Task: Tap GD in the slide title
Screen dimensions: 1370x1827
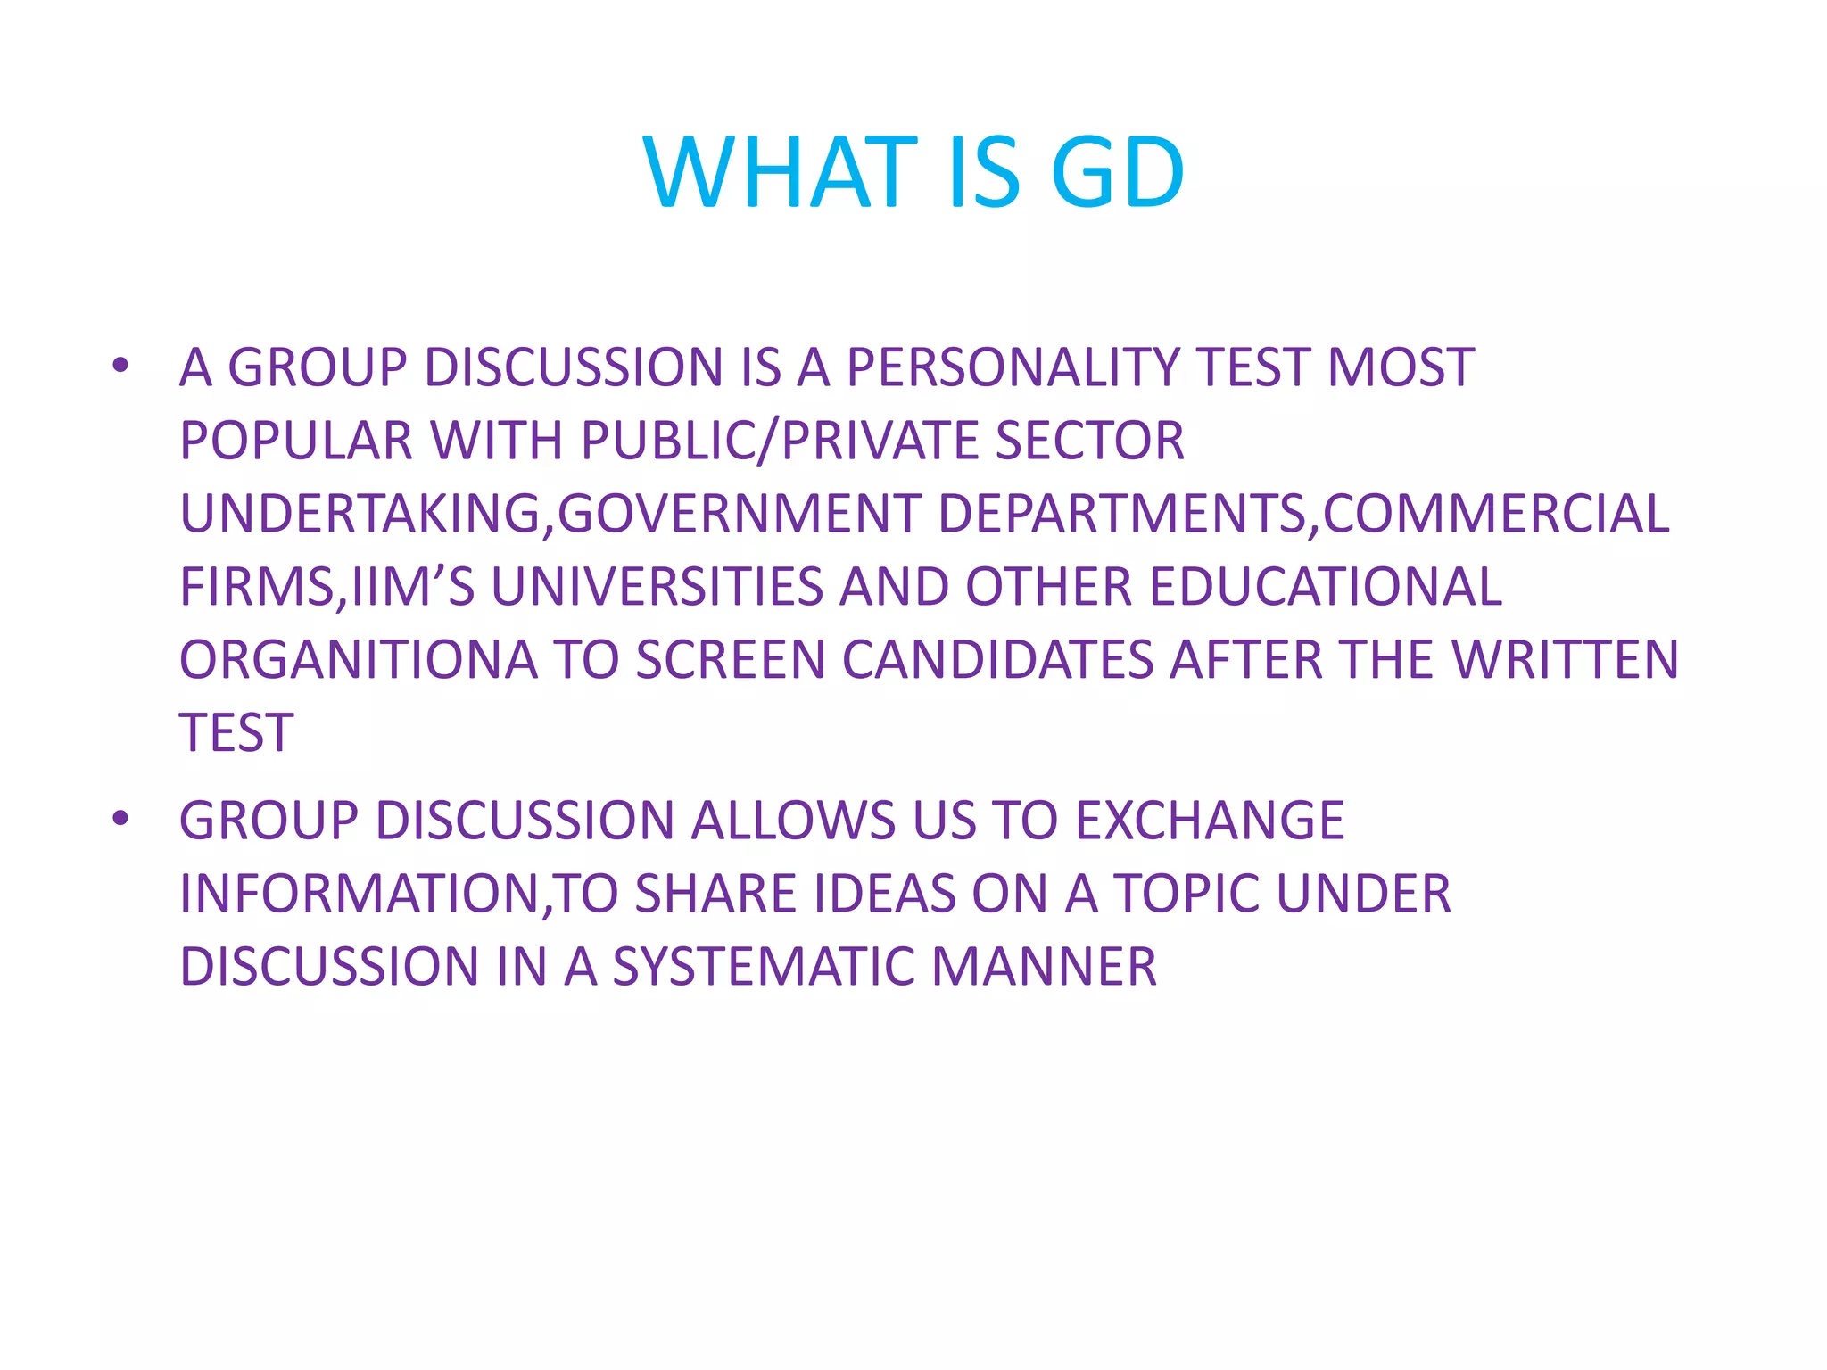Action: click(1118, 173)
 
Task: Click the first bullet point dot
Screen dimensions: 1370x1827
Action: click(120, 366)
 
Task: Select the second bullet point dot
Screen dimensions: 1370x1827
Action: click(120, 818)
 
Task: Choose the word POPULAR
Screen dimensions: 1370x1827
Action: click(296, 441)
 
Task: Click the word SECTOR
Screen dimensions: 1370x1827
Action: click(1089, 441)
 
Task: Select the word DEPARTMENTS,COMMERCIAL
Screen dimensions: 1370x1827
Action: click(1303, 514)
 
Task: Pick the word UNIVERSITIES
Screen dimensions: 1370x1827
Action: click(657, 587)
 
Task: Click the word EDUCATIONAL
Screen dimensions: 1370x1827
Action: click(1326, 587)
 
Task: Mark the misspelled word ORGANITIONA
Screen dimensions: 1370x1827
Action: click(359, 660)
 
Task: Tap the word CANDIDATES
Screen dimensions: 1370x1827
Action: click(997, 660)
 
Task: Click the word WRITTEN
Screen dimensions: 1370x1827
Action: click(1565, 660)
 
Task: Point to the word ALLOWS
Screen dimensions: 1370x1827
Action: click(793, 821)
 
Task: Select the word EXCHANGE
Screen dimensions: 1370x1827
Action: click(1210, 821)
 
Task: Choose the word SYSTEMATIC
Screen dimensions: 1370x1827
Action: click(763, 967)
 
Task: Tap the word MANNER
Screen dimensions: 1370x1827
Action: click(1044, 967)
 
